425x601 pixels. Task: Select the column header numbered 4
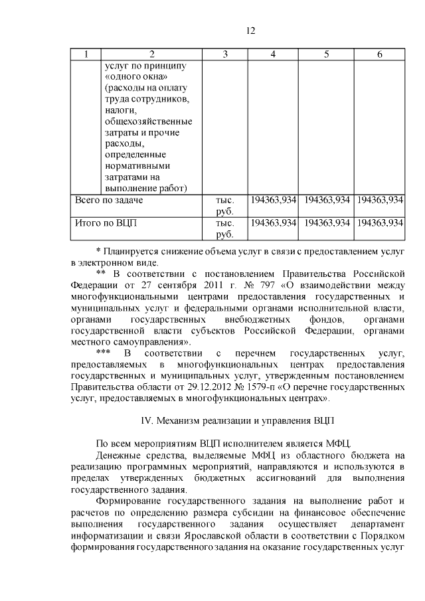click(x=273, y=54)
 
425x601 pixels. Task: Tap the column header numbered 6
click(x=379, y=54)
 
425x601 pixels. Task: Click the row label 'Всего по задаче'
click(x=108, y=200)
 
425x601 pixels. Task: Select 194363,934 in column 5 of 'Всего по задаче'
click(x=326, y=200)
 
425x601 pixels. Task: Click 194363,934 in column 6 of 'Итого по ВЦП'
click(x=379, y=222)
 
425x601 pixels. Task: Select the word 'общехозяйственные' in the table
click(x=148, y=122)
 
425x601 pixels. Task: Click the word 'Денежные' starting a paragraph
click(x=118, y=455)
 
